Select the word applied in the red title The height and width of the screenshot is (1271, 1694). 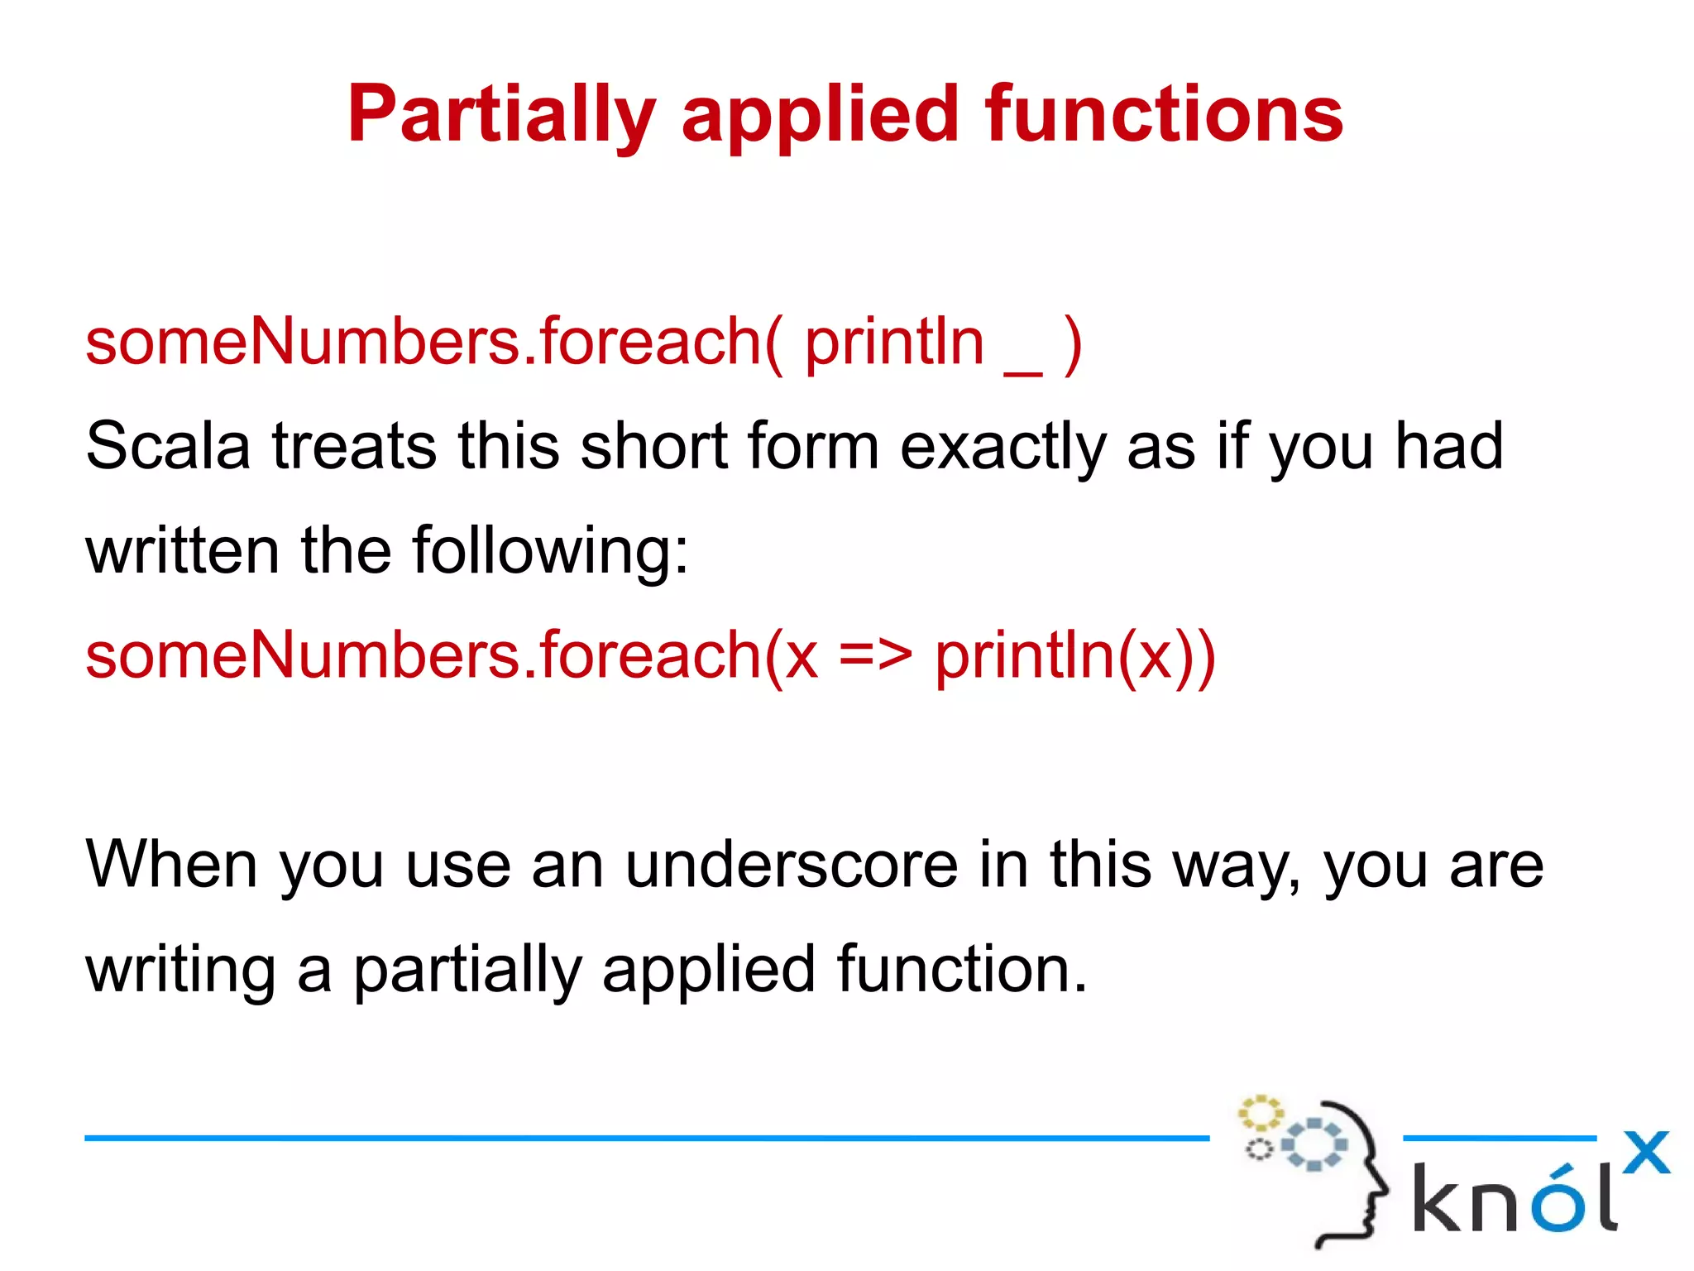tap(819, 116)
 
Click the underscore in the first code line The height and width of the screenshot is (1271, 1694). tap(1023, 373)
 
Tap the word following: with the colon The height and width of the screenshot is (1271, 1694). tap(550, 551)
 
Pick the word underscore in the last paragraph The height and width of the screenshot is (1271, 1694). tap(791, 866)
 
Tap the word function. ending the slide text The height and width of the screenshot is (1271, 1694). tap(961, 970)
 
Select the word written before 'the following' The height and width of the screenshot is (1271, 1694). tap(183, 551)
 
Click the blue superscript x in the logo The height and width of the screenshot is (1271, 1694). tap(1645, 1153)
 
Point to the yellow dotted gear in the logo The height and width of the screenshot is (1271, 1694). tap(1260, 1114)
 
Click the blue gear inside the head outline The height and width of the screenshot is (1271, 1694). tap(1314, 1145)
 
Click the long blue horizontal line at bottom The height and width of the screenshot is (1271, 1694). tap(645, 1139)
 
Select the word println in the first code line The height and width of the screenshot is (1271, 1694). tap(894, 343)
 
